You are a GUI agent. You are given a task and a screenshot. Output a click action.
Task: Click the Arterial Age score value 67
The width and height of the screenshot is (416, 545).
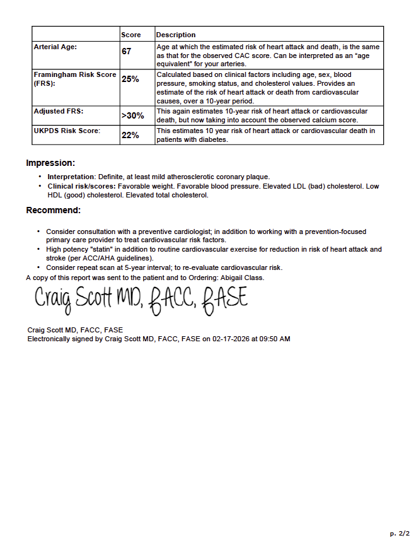[127, 52]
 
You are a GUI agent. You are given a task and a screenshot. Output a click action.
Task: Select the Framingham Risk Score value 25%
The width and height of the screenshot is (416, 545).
[130, 79]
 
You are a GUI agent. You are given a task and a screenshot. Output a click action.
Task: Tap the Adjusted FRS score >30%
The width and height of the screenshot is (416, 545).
[132, 116]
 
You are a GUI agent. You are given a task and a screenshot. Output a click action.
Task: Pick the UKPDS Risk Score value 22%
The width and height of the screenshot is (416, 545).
[130, 136]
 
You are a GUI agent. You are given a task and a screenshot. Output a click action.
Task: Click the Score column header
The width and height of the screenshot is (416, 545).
[130, 35]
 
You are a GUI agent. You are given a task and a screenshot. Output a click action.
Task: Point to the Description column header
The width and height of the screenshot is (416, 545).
[176, 35]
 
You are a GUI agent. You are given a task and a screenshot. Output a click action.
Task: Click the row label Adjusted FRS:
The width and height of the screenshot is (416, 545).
[59, 111]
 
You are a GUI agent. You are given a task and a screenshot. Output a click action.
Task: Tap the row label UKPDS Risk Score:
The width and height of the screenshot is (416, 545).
[66, 131]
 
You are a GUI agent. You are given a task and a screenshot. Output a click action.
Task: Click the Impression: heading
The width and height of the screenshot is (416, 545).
[50, 163]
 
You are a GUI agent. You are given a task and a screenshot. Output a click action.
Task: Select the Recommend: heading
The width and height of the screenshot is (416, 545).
[53, 210]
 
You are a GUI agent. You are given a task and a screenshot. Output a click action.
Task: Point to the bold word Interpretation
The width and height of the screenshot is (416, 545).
[71, 177]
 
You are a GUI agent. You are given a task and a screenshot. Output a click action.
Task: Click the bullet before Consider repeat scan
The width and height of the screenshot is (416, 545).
[39, 267]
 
